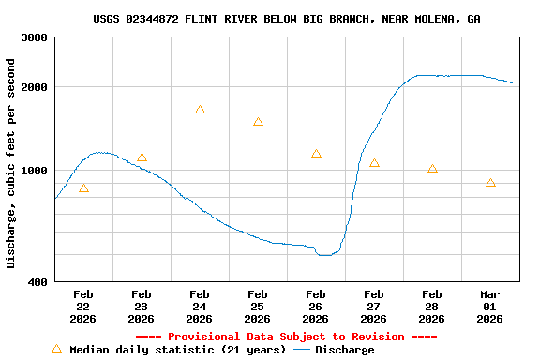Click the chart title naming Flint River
[287, 19]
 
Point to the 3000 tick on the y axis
[35, 37]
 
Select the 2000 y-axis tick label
[35, 87]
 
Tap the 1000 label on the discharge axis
[35, 171]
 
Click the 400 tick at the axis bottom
[38, 281]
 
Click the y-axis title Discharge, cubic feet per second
[11, 163]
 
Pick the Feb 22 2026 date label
[83, 306]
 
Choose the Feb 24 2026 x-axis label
[200, 306]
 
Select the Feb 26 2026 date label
[316, 306]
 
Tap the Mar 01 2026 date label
[490, 306]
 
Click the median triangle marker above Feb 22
[83, 189]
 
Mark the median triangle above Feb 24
[200, 110]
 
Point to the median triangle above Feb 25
[258, 122]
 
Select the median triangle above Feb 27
[374, 163]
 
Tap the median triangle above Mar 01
[490, 183]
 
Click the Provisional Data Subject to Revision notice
[287, 336]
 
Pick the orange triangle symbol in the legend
[56, 349]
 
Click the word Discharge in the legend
[344, 350]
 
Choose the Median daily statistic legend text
[177, 350]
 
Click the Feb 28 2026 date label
[432, 306]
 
